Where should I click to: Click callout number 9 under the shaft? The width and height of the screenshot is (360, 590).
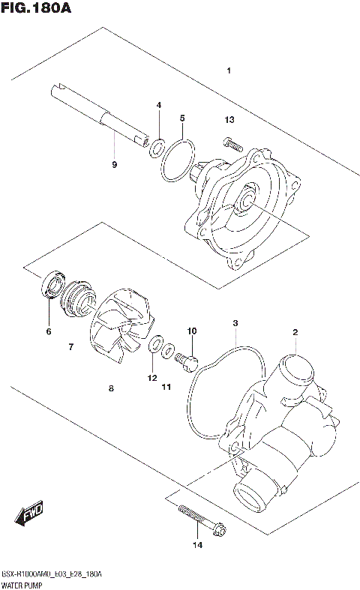pos(114,164)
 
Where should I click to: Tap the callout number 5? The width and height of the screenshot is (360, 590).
pos(181,118)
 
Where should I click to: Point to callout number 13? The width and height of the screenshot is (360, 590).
pos(229,120)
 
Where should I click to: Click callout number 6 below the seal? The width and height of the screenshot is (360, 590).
pos(49,331)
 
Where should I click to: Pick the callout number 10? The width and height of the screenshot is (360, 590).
pos(191,331)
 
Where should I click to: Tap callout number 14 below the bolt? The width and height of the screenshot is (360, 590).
pos(197,545)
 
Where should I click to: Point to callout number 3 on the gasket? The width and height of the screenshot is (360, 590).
pos(235,323)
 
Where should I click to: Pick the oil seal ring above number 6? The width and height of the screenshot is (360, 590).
pos(51,286)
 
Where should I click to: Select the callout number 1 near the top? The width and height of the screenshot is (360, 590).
pos(229,71)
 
